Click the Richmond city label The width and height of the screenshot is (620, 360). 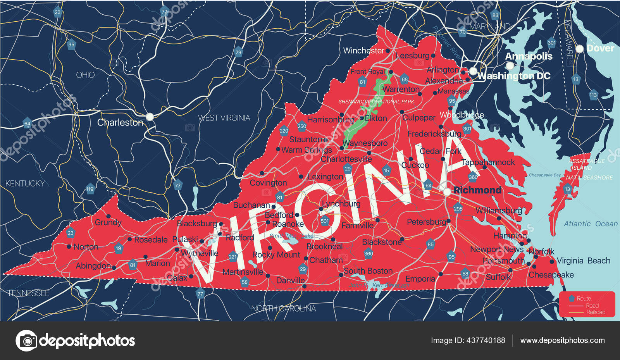pyautogui.click(x=477, y=190)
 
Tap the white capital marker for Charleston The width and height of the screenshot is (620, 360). pyautogui.click(x=150, y=116)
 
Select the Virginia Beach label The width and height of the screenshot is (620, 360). pyautogui.click(x=583, y=261)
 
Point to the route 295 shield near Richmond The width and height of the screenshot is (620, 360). pyautogui.click(x=458, y=208)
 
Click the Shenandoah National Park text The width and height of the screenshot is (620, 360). pyautogui.click(x=376, y=102)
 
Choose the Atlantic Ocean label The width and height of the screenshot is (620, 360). pyautogui.click(x=590, y=224)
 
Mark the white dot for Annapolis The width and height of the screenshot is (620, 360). pyautogui.click(x=510, y=66)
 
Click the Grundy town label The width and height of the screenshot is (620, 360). pyautogui.click(x=108, y=222)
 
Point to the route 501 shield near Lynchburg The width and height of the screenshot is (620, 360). pyautogui.click(x=325, y=221)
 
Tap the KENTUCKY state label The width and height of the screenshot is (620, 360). pyautogui.click(x=25, y=183)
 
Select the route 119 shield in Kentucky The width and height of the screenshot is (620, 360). pyautogui.click(x=90, y=189)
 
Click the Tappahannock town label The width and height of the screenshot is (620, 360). pyautogui.click(x=488, y=162)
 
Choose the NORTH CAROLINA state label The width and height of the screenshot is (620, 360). pyautogui.click(x=283, y=308)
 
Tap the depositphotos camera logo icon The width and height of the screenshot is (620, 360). pyautogui.click(x=27, y=341)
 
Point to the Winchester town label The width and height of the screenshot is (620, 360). pyautogui.click(x=363, y=51)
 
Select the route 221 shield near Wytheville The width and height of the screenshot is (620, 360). pyautogui.click(x=233, y=257)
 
